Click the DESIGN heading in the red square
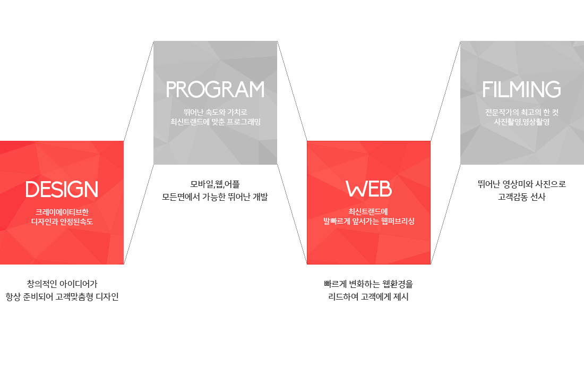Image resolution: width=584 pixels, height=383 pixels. [x=62, y=190]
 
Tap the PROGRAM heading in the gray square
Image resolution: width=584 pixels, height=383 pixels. [x=215, y=90]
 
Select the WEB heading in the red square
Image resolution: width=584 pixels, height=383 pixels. [x=368, y=189]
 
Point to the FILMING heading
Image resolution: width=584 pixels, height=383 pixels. [x=521, y=90]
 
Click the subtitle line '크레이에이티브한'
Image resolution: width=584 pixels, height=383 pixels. [x=62, y=211]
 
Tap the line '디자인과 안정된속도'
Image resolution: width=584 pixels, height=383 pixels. [x=62, y=221]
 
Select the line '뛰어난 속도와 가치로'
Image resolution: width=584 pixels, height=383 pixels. [x=215, y=112]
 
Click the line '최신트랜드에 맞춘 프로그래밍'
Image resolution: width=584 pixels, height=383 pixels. [x=215, y=122]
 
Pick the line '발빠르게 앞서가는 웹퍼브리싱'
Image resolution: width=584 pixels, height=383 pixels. [x=368, y=221]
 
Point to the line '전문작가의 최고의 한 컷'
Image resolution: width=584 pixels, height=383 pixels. [x=521, y=112]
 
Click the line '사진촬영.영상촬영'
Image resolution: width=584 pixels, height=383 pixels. [x=521, y=122]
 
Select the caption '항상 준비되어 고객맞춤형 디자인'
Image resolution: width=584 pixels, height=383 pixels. [x=62, y=296]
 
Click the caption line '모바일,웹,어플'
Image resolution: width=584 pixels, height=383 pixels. [x=215, y=184]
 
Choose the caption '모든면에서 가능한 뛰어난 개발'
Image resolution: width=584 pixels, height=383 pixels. [x=215, y=197]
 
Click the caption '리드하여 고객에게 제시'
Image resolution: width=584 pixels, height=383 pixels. [x=368, y=296]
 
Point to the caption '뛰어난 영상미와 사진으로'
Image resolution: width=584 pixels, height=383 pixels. [x=521, y=184]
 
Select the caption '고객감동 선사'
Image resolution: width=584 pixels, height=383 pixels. [x=521, y=197]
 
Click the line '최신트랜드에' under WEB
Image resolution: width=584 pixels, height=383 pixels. [x=368, y=211]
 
